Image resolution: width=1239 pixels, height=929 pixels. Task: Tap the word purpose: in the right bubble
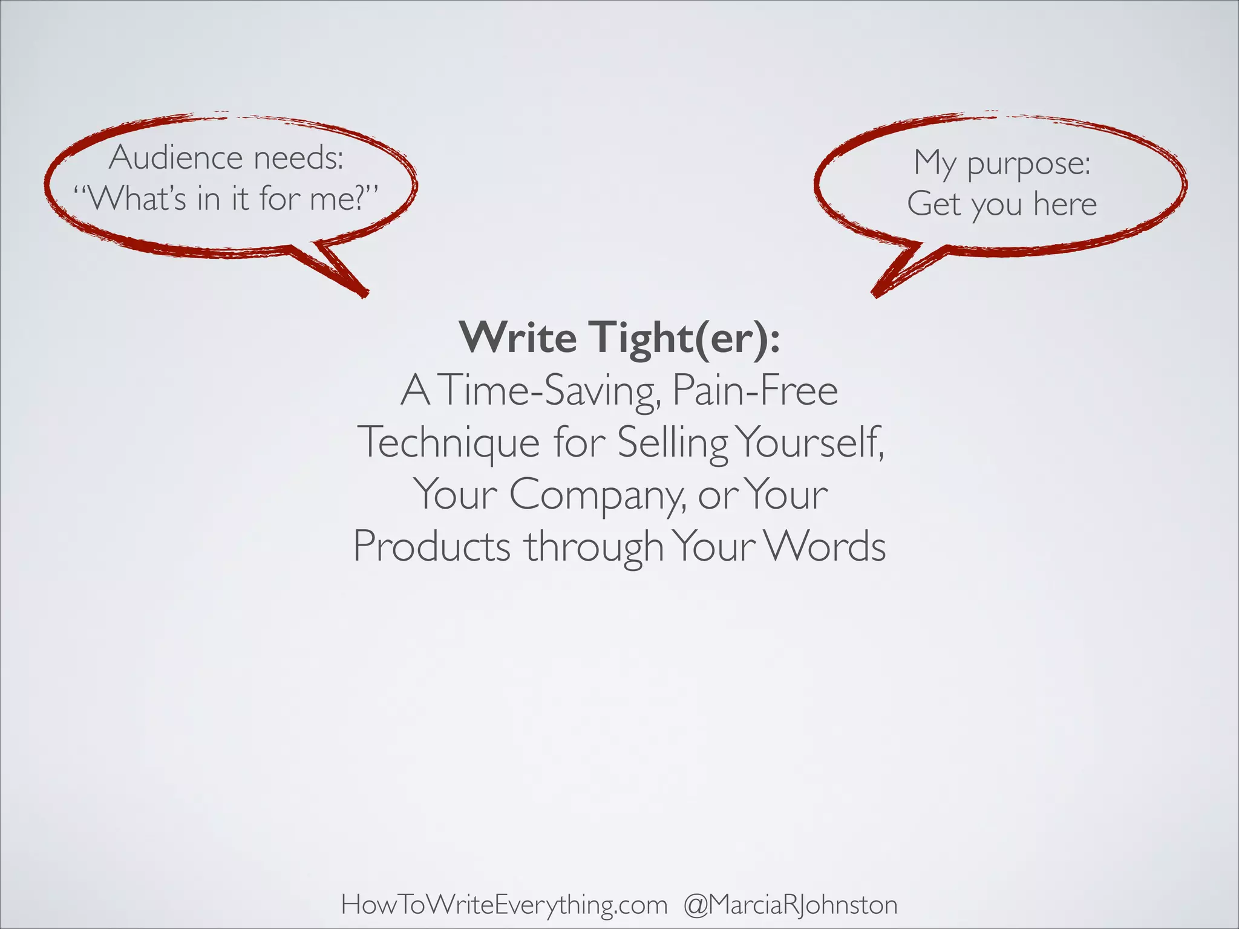pos(1028,163)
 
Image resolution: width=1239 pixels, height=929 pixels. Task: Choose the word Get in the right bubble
pos(933,203)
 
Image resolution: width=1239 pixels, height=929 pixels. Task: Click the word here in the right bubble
pos(1065,203)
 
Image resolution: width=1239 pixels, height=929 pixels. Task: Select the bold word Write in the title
pos(518,337)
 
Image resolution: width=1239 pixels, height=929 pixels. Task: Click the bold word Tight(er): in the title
pos(685,337)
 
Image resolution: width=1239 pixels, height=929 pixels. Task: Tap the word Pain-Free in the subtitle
pos(754,391)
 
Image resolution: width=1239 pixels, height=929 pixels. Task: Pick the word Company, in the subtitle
pos(598,495)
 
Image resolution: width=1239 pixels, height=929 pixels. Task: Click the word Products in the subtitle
pos(431,546)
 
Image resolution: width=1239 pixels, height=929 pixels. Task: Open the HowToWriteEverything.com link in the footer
pos(504,888)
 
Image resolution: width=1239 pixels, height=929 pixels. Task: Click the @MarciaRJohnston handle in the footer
pos(790,888)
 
